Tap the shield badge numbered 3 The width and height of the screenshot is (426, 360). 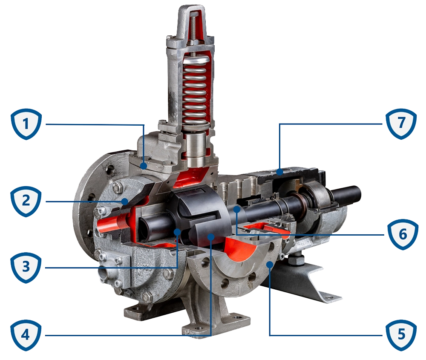(x=26, y=268)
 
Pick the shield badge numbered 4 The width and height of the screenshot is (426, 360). (x=26, y=335)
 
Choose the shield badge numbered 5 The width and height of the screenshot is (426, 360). (x=401, y=335)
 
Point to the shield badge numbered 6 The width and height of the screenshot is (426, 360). (x=401, y=234)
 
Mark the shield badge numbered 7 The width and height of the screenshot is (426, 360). (x=401, y=124)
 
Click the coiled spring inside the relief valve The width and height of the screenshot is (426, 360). (x=196, y=90)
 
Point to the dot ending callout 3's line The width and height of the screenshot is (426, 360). (x=177, y=231)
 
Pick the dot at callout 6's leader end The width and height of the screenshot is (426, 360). (x=236, y=209)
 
